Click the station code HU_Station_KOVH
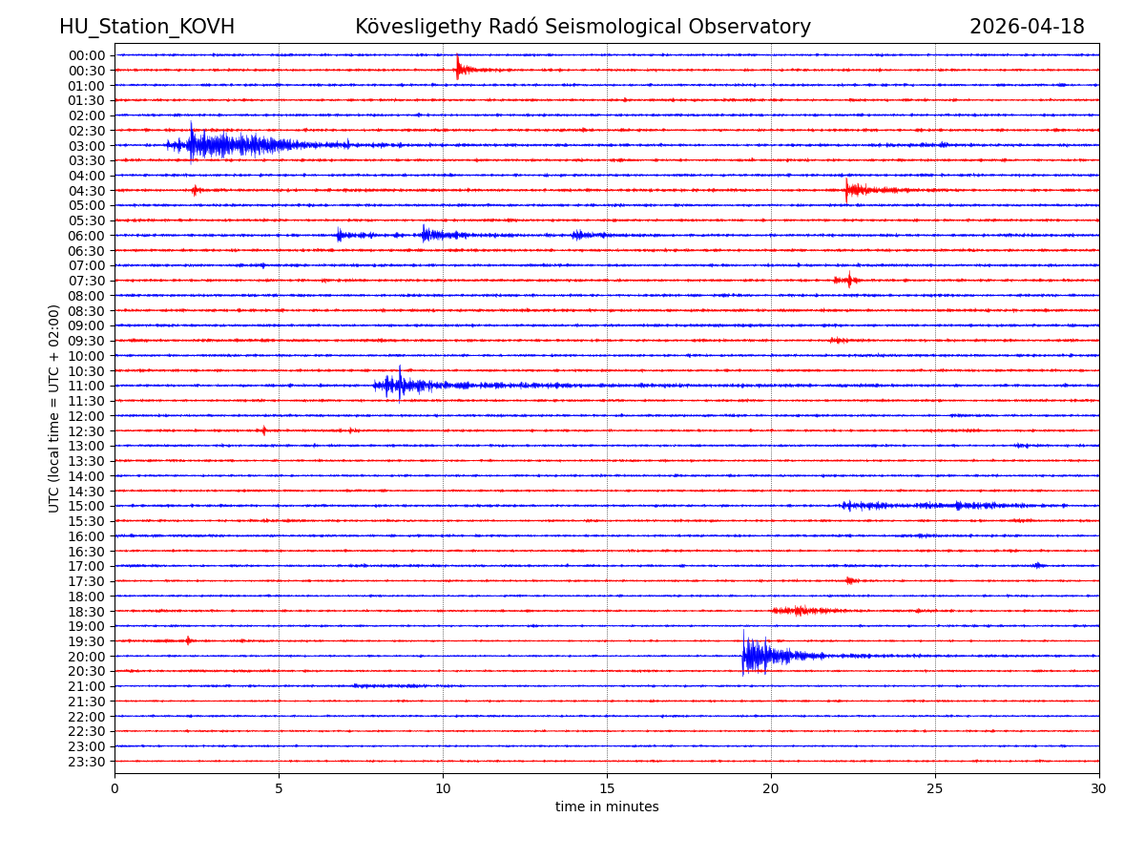click(x=147, y=28)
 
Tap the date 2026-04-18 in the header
click(x=1027, y=28)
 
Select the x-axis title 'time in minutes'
click(x=607, y=807)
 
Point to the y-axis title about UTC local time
click(x=54, y=409)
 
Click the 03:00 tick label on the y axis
click(x=87, y=146)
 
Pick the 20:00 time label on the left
click(x=87, y=657)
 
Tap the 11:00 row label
click(x=87, y=386)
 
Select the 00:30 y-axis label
click(x=87, y=71)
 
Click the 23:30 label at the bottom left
click(x=87, y=762)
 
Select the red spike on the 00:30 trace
click(x=459, y=69)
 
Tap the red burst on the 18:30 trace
click(x=800, y=610)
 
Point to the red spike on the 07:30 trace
click(x=848, y=280)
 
